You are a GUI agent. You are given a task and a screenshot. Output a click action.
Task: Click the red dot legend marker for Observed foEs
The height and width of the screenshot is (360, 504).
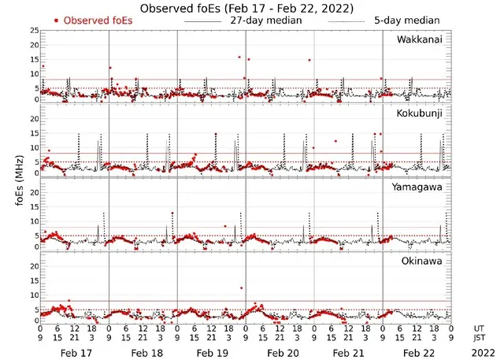pyautogui.click(x=56, y=20)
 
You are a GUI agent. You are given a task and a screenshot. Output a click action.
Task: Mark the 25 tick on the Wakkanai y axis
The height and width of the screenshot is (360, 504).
pyautogui.click(x=33, y=30)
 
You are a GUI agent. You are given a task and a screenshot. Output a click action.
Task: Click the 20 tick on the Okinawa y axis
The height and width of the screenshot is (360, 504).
pyautogui.click(x=33, y=266)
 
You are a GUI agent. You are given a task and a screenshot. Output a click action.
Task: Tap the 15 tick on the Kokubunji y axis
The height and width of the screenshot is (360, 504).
pyautogui.click(x=33, y=133)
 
